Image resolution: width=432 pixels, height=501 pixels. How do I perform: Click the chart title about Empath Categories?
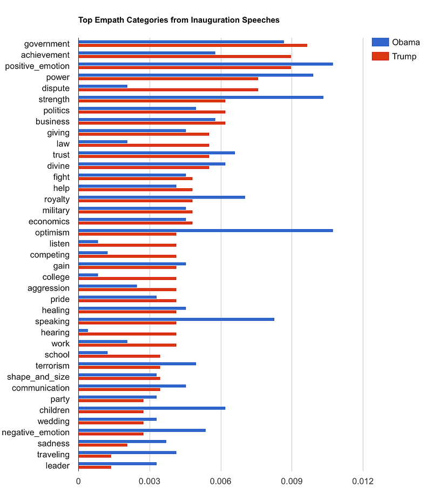click(179, 20)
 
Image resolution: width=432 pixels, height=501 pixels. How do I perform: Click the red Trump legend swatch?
click(380, 56)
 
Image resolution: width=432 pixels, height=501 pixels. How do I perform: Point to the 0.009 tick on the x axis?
click(292, 482)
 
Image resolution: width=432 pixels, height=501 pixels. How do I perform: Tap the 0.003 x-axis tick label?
click(150, 482)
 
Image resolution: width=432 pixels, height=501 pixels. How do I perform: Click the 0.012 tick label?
click(363, 482)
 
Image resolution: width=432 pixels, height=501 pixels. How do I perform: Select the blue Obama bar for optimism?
click(205, 230)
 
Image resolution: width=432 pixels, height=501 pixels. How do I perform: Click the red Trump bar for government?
click(192, 45)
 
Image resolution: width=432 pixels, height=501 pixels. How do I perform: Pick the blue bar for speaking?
click(176, 319)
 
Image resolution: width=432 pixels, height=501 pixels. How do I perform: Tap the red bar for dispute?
click(168, 90)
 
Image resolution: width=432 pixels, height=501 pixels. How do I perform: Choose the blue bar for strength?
click(200, 97)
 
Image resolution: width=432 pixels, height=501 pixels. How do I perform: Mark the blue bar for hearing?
click(83, 330)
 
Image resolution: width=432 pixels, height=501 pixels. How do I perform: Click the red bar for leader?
click(94, 467)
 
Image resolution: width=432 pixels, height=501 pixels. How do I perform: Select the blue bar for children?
click(152, 408)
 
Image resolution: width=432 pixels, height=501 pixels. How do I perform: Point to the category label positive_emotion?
click(37, 66)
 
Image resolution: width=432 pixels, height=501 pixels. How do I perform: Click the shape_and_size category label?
click(38, 377)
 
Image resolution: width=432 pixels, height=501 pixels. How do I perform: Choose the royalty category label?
click(57, 199)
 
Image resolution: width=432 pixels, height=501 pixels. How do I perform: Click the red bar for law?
click(144, 145)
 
